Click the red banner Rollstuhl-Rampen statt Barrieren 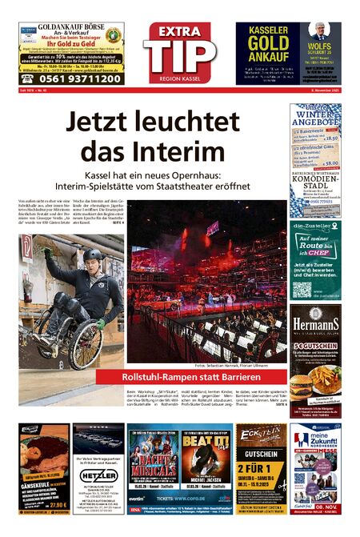tap(190, 376)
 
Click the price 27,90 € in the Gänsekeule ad tap(55, 506)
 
